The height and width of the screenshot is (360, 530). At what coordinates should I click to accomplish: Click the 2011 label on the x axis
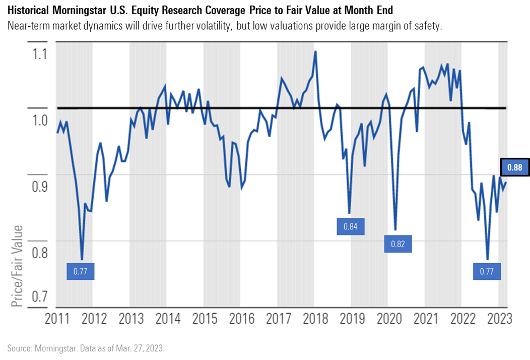[57, 319]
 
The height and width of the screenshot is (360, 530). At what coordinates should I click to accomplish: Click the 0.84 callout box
[350, 226]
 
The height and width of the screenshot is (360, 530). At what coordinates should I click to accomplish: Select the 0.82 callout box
[398, 244]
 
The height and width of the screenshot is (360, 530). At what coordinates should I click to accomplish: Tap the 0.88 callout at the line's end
[514, 167]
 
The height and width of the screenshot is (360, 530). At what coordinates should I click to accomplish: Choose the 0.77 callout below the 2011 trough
[80, 271]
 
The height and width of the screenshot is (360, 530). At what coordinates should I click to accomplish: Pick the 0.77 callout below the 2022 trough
[487, 271]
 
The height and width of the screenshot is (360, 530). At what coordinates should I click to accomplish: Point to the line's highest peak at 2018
[315, 51]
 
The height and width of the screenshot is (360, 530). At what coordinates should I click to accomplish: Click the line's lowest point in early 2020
[395, 230]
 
